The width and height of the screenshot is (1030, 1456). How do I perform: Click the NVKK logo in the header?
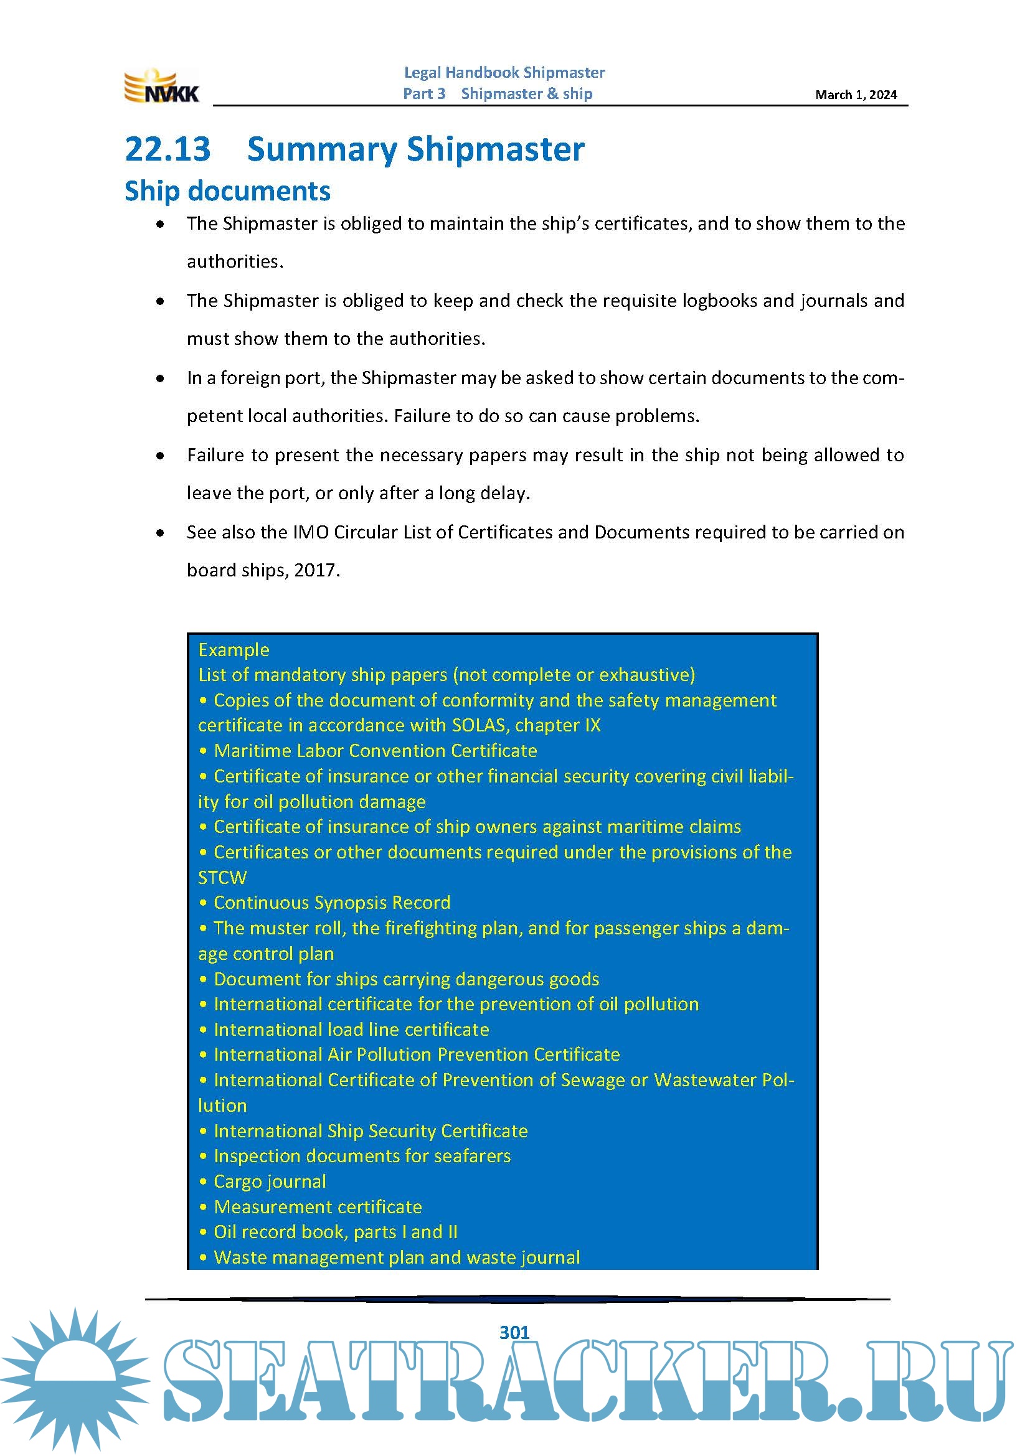point(161,87)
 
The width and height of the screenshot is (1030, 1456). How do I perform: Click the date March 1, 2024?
point(856,95)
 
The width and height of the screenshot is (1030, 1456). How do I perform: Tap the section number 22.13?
point(168,149)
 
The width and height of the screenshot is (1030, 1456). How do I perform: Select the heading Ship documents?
point(227,191)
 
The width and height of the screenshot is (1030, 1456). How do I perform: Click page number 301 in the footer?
point(514,1332)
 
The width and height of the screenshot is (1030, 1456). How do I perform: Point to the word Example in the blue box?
point(234,650)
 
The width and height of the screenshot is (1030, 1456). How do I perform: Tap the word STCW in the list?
point(222,878)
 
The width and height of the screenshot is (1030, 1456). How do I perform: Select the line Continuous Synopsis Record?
point(332,903)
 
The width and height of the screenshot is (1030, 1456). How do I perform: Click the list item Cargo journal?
point(270,1181)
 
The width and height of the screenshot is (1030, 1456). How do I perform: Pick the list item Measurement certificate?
point(317,1207)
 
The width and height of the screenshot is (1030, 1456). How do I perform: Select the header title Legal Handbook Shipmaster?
point(504,73)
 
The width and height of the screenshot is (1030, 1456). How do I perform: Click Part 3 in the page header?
point(424,94)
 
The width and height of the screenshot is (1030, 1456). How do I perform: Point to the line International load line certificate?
point(351,1029)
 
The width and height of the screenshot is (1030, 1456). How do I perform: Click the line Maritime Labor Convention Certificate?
point(375,751)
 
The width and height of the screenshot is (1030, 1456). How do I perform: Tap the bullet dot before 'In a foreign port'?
point(161,378)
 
